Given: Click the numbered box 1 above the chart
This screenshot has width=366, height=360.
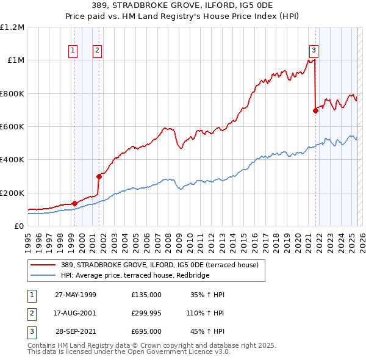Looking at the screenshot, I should (x=73, y=51).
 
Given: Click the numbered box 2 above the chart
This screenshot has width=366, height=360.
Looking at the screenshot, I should (x=97, y=51).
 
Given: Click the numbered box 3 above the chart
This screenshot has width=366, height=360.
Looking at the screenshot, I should (x=314, y=51).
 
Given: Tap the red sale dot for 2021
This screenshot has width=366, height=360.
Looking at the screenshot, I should (x=315, y=111).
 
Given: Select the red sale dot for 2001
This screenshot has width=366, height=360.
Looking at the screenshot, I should (x=98, y=176).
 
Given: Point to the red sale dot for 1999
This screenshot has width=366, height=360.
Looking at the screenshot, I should (x=74, y=203).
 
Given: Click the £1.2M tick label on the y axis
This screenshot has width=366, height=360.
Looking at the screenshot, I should (x=12, y=27).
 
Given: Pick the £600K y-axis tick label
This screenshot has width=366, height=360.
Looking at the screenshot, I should (x=12, y=127).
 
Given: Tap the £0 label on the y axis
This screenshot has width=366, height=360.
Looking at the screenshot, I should (x=18, y=226).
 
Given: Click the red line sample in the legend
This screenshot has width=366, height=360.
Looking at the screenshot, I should (x=45, y=265).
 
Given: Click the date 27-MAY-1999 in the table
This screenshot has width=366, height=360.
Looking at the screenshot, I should (x=76, y=295).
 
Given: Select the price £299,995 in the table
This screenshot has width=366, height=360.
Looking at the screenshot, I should (x=146, y=313).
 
